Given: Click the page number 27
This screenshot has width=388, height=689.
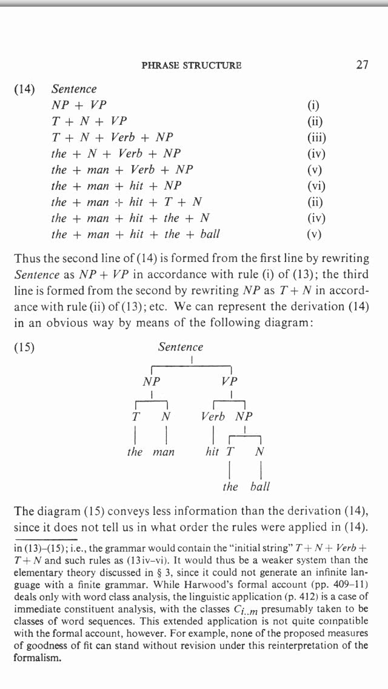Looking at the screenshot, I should [361, 65].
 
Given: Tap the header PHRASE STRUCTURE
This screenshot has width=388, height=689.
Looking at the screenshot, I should [191, 66].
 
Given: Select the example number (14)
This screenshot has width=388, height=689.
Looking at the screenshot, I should [24, 89].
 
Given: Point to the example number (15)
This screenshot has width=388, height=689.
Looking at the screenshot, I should [24, 348].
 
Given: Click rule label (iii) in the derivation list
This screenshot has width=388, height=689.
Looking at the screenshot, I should [317, 137].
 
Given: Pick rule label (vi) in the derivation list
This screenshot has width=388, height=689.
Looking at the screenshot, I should [317, 186].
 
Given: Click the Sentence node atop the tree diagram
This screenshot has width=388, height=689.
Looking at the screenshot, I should [181, 347].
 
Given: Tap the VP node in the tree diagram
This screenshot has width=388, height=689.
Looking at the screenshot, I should [230, 381].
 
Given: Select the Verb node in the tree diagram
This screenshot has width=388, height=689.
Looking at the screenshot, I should [213, 417].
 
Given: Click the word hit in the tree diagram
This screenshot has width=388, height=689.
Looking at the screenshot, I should [212, 452].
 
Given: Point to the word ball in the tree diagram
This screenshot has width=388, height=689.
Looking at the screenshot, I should [259, 486].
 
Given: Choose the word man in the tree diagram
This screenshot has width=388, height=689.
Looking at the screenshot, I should [163, 452].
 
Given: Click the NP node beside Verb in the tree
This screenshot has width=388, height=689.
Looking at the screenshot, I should [244, 417].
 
